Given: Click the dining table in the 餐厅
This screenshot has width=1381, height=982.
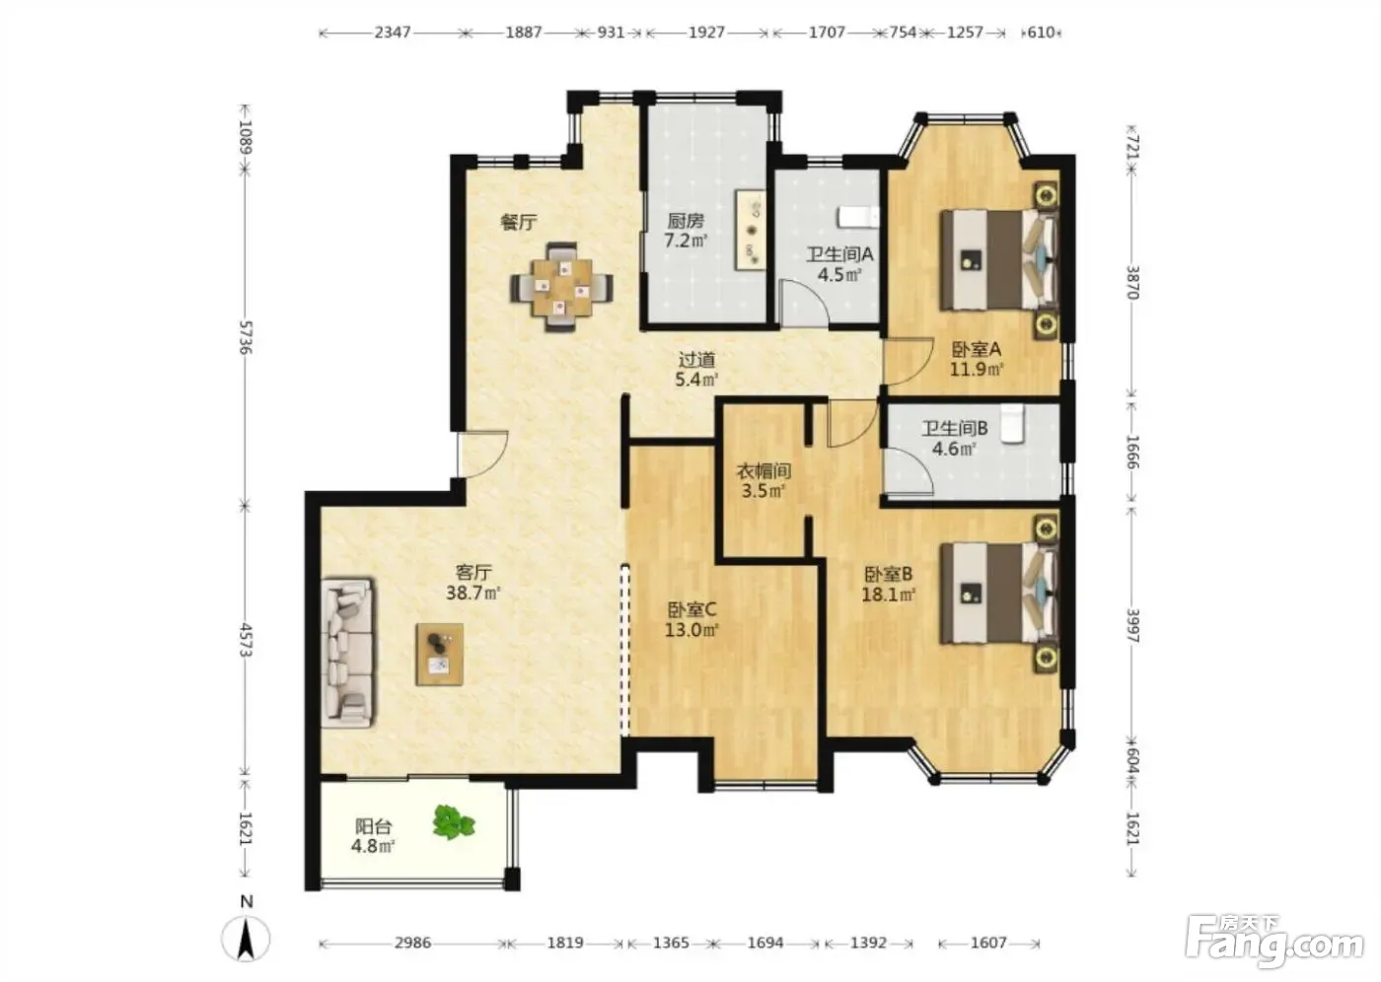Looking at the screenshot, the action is point(561,287).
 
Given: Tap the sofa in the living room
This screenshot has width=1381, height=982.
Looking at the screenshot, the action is point(347,651).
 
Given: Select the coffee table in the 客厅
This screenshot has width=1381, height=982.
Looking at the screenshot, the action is point(440,655).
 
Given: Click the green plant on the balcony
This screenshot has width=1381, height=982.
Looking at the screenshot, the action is point(454,822).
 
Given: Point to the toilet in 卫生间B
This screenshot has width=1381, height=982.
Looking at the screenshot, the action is point(1012,423).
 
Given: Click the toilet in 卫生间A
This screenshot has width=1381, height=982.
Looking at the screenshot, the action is point(857,217).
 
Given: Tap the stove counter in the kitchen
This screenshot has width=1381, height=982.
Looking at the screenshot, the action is point(750,229).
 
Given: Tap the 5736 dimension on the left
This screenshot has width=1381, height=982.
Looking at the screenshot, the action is point(246,337).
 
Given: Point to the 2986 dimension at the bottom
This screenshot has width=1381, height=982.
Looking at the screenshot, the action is point(413,943).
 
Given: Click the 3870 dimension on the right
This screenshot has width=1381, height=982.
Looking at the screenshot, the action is point(1132,282).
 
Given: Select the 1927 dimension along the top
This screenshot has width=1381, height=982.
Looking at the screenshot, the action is point(706,32).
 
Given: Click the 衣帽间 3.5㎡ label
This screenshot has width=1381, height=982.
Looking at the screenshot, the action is point(763,481).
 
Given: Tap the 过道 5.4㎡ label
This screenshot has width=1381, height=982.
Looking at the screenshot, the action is point(696,369).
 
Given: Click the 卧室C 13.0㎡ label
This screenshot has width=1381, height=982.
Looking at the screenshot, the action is point(691,620).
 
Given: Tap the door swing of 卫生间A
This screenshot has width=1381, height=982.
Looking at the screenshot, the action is point(805,303).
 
